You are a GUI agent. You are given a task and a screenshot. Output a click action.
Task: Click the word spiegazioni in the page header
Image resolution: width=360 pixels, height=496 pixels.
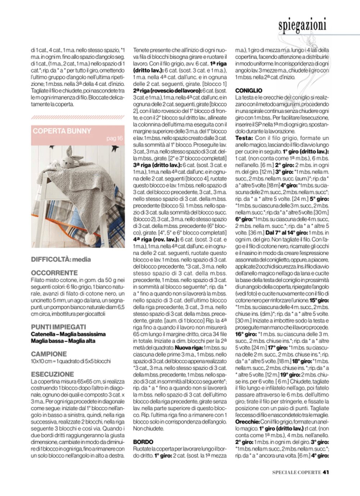pyautogui.click(x=302, y=25)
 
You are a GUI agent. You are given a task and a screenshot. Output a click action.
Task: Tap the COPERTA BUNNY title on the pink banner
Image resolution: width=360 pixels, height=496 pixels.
pyautogui.click(x=62, y=131)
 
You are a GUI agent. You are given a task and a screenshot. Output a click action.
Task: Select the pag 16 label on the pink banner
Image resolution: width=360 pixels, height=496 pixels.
pyautogui.click(x=114, y=139)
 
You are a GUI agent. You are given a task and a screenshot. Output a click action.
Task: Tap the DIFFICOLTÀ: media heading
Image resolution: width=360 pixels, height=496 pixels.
pyautogui.click(x=61, y=259)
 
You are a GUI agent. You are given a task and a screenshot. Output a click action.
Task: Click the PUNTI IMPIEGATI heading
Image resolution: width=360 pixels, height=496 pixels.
pyautogui.click(x=58, y=327)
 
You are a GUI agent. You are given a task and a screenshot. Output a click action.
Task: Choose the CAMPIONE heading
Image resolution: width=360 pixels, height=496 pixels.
pyautogui.click(x=49, y=354)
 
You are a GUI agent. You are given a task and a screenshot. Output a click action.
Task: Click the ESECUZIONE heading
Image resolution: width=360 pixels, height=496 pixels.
pyautogui.click(x=52, y=374)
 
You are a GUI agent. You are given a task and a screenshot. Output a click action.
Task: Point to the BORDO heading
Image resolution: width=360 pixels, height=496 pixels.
pyautogui.click(x=143, y=442)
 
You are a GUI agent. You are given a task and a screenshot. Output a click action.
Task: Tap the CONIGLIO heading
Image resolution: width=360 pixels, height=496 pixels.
pyautogui.click(x=248, y=91)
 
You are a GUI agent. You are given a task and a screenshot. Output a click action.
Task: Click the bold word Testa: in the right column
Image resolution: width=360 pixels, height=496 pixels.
pyautogui.click(x=244, y=138)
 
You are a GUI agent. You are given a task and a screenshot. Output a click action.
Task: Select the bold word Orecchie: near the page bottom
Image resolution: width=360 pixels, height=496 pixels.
pyautogui.click(x=247, y=421)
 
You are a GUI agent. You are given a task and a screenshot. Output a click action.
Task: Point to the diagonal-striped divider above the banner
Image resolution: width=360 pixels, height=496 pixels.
pyautogui.click(x=78, y=117)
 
